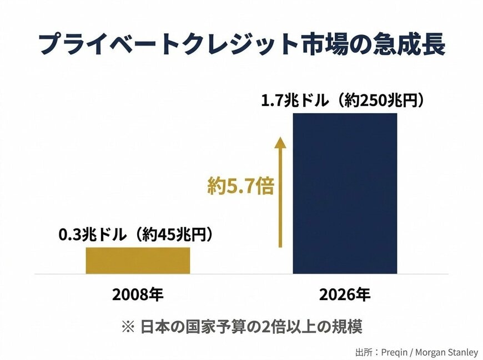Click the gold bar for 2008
point(138,260)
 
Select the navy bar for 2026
point(345,193)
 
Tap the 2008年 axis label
point(138,295)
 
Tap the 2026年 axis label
point(345,295)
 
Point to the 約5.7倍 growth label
point(241,186)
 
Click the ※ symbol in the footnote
point(128,327)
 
